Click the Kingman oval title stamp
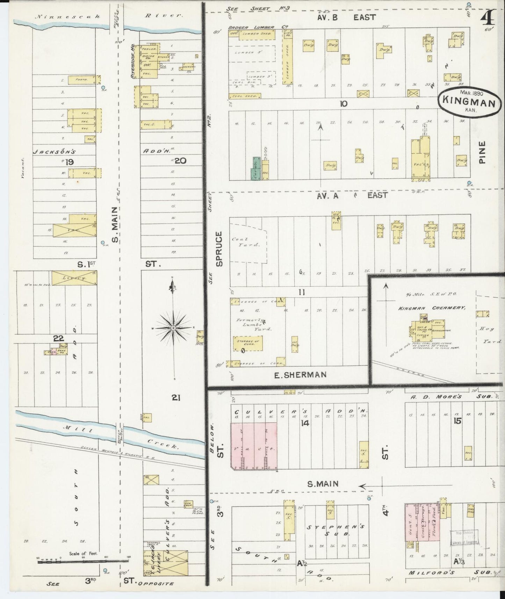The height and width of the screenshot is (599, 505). tap(469, 100)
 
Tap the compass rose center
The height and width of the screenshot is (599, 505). tap(173, 328)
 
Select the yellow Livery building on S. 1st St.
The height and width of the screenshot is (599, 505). tap(74, 278)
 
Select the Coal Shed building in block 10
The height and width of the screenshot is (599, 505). tap(245, 96)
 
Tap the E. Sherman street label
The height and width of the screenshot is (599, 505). tap(300, 375)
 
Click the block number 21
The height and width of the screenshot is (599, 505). tap(176, 397)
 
